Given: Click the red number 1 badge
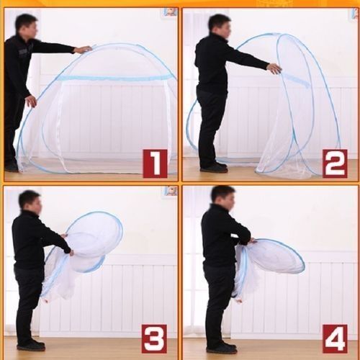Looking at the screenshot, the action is (155, 163).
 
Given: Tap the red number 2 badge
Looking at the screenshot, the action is (335, 163).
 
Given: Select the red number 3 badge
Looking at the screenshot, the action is (153, 338).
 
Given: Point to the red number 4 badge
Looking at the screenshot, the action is (335, 338).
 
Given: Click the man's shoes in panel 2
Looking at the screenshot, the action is (214, 167).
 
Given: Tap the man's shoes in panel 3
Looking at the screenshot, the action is (31, 345).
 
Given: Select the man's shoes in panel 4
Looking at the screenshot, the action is (222, 348).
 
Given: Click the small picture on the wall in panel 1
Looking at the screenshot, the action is (171, 12).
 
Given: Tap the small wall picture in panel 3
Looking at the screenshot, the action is (171, 190).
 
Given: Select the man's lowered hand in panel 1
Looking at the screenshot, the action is (32, 102).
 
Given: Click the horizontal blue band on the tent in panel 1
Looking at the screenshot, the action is (115, 78).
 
